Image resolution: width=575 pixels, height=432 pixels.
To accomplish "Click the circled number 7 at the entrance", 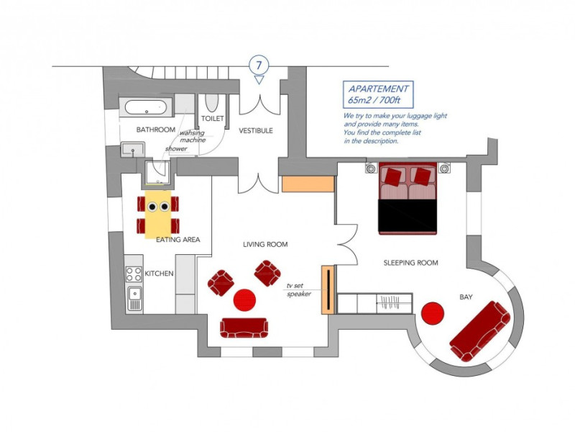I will (258, 64).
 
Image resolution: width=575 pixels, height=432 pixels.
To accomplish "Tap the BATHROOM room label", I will (156, 130).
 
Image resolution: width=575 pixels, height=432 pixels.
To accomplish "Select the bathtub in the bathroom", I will (148, 109).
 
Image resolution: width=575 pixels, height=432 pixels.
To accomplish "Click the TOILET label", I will (213, 118).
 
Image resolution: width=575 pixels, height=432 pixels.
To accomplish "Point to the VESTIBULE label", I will (256, 130).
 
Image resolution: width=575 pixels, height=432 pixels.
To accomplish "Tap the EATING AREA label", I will (178, 240).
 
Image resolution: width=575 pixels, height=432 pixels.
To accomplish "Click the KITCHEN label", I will (160, 274).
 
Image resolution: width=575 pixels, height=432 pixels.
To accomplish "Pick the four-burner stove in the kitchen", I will (134, 274).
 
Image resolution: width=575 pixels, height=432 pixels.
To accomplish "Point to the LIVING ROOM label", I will (265, 245).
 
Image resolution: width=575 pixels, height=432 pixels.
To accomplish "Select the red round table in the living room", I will (244, 299).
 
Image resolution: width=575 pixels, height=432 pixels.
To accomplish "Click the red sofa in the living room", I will (244, 328).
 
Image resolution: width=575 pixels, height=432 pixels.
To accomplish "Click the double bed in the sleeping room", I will (408, 199).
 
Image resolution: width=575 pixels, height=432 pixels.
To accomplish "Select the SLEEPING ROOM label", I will (410, 263).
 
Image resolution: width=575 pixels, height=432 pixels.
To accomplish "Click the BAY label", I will (466, 297).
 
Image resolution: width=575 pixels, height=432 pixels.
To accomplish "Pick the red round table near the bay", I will (433, 312).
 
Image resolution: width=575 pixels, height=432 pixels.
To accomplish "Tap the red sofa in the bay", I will (479, 331).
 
